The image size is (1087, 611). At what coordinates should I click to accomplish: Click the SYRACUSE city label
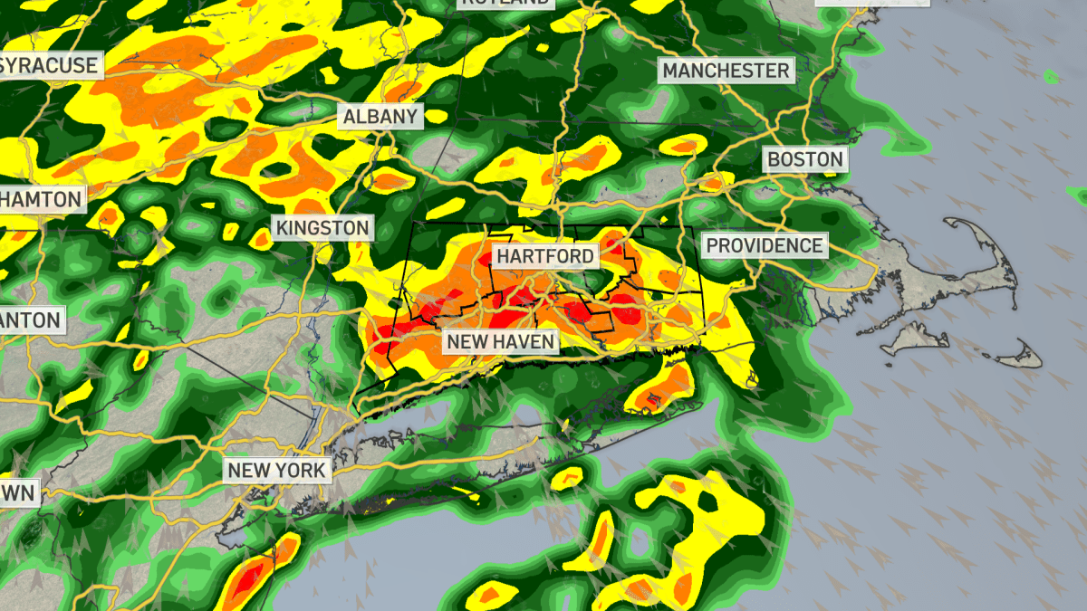[x=49, y=65]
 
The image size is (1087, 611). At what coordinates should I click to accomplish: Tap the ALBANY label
[x=380, y=116]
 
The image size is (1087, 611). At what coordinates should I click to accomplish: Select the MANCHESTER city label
[x=726, y=71]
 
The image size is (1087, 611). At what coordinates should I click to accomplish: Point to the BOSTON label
[x=804, y=160]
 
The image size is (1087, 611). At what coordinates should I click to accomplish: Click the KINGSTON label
[x=323, y=228]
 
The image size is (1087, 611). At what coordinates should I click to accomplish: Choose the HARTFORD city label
[x=545, y=256]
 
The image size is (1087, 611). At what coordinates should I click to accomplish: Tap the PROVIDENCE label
[x=765, y=245]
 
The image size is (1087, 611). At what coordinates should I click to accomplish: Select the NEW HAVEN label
[x=499, y=342]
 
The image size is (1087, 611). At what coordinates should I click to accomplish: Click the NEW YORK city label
[x=276, y=471]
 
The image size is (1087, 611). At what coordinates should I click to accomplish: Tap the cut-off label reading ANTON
[x=32, y=320]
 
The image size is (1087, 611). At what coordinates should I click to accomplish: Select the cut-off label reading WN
[x=18, y=493]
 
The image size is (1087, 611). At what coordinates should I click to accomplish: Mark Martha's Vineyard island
[x=915, y=339]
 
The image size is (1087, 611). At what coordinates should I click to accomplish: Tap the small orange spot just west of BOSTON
[x=713, y=184]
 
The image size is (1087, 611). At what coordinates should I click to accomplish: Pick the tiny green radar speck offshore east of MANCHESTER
[x=1051, y=77]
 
